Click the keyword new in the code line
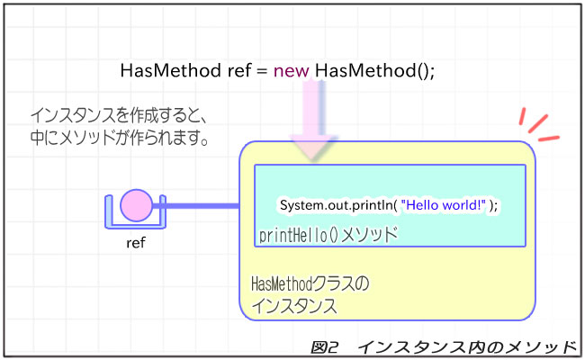coord(292,71)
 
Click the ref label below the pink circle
coord(136,243)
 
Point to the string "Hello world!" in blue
coord(444,205)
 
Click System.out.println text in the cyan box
coord(334,205)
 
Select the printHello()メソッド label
coord(328,235)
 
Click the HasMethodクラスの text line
coord(310,285)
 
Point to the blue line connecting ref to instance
coord(202,208)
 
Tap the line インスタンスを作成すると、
coord(119,116)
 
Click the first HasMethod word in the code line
coord(166,71)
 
